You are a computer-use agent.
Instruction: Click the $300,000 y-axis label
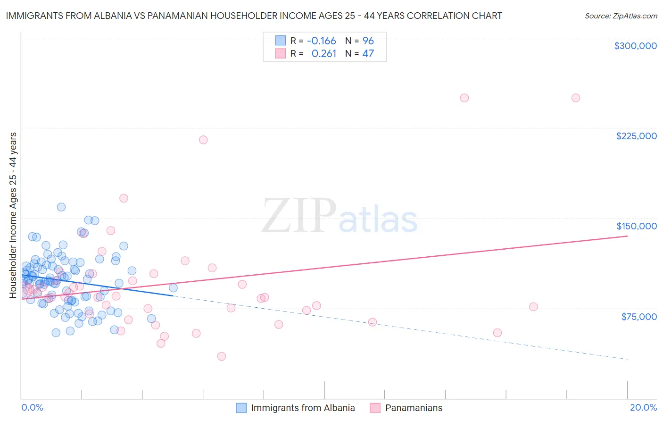coord(635,46)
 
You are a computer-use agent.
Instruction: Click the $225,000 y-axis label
coord(636,136)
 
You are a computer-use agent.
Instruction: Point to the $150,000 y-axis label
coord(636,226)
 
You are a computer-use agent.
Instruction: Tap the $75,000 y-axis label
coord(638,317)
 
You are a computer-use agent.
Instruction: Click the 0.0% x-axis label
coord(32,407)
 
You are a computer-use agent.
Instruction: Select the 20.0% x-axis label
coord(643,407)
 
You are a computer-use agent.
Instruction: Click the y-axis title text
coord(13,215)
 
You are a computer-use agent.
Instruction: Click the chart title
coord(254,16)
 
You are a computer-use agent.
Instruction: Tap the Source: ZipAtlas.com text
coord(621,16)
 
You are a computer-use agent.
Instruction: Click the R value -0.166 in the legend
coord(321,41)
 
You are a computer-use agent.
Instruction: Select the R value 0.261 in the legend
coord(324,54)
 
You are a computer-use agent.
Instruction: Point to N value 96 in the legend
coord(368,41)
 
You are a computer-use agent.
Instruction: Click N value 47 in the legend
coord(368,54)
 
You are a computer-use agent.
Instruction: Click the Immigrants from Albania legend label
coord(303,408)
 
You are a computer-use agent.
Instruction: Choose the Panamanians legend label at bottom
coord(414,408)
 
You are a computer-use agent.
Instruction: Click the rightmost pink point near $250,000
coord(575,98)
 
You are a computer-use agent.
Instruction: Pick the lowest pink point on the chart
coord(221,356)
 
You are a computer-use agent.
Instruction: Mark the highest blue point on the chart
coord(61,207)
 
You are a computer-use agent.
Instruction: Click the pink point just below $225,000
coord(203,140)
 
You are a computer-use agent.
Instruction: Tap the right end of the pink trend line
coord(627,236)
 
